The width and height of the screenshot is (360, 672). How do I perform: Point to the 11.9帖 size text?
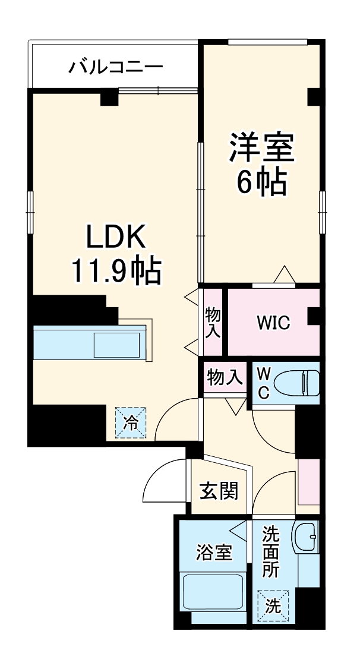(x=116, y=272)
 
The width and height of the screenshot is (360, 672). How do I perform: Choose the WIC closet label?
(x=273, y=323)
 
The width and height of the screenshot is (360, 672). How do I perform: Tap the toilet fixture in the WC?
(x=303, y=383)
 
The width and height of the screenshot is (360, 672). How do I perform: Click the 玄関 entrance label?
(x=219, y=491)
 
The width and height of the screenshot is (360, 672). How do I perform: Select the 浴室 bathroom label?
(x=214, y=553)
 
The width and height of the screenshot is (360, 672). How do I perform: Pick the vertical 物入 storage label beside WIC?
(x=212, y=323)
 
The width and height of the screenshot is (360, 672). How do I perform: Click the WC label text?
(x=263, y=383)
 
